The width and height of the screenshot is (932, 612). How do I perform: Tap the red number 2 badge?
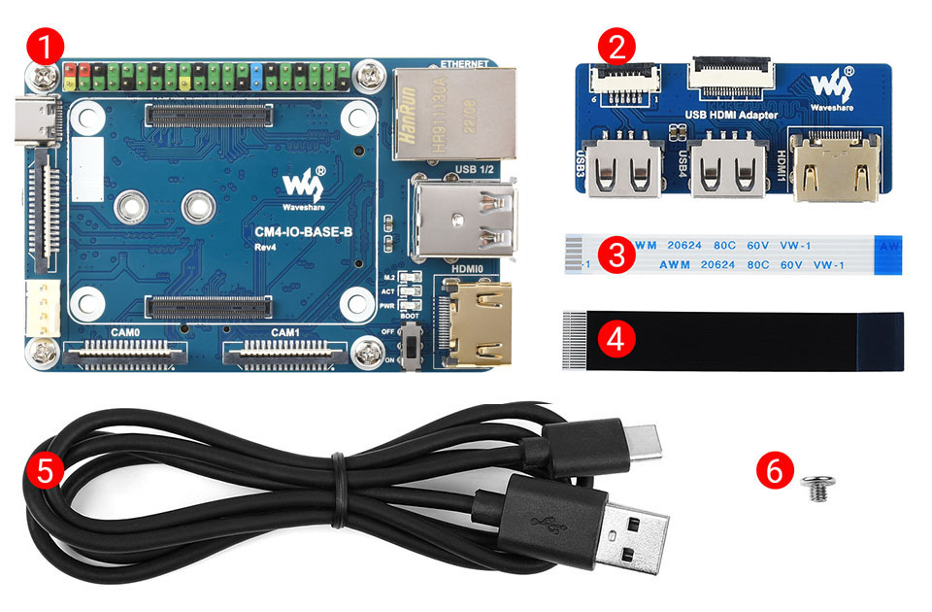tap(617, 44)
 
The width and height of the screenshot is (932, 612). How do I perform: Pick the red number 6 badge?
tap(773, 469)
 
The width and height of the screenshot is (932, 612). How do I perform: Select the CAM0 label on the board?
tap(125, 332)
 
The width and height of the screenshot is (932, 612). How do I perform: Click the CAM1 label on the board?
tap(284, 332)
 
